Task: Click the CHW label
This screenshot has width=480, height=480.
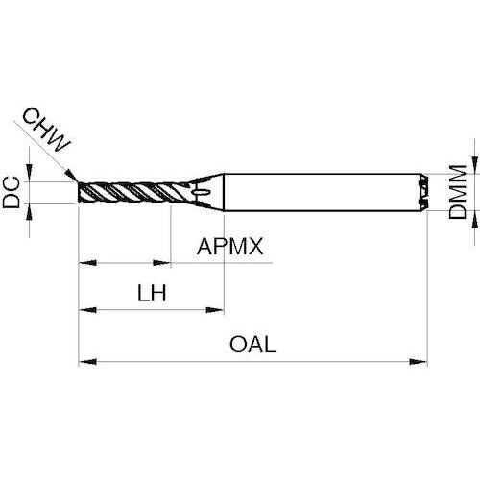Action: pos(46,130)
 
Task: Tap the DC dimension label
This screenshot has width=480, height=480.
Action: pos(12,193)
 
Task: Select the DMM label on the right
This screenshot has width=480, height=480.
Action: pos(458,192)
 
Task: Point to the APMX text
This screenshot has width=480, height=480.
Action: pos(229,247)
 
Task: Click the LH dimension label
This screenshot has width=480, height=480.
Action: pos(152,293)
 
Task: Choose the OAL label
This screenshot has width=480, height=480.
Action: pos(252,345)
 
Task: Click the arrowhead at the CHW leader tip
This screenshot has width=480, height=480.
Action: pos(71,176)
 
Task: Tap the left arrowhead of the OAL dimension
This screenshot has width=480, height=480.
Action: pos(87,362)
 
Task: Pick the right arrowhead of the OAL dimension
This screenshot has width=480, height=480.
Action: pos(419,362)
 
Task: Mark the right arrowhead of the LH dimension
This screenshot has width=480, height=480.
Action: pos(215,310)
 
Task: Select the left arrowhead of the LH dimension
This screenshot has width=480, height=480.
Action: pos(87,310)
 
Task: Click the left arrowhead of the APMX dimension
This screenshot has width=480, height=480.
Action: pos(87,263)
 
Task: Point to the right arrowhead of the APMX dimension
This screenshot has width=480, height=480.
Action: pos(162,263)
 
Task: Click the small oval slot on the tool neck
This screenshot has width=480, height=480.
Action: pos(202,192)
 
